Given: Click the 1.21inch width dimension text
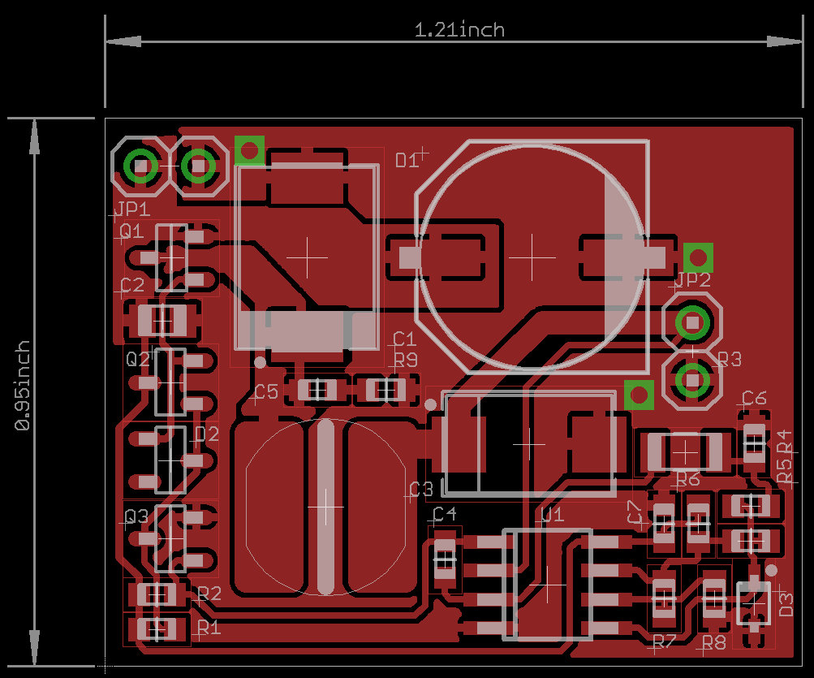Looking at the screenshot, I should point(459,30).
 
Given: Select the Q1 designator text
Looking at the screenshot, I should point(131,231).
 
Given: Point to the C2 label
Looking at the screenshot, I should point(132,285).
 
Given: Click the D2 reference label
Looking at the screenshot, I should point(207,434).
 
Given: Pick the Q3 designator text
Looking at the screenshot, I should point(136,516).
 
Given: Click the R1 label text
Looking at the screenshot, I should point(209,628).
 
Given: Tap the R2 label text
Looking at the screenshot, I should point(209,594).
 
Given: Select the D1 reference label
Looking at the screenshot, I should point(407,160).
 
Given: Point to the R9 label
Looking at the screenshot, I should point(406,359).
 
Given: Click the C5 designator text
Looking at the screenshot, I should point(265,392).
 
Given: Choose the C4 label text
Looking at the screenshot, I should point(445,514).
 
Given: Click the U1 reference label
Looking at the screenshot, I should point(552,514).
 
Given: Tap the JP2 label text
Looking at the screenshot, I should point(692,280).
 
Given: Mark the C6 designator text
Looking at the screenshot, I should point(754,398).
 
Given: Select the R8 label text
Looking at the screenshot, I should point(714,643).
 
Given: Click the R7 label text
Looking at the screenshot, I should point(664,641).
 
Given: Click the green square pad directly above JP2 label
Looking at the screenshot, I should point(697,257).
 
